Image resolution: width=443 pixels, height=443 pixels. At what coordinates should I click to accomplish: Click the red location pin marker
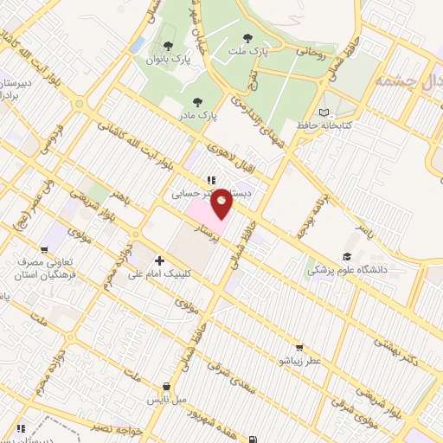[221, 202]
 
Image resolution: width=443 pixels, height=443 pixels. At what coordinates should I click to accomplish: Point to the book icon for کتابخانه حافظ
[324, 112]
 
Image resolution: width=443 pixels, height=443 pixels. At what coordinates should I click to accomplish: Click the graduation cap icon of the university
[346, 256]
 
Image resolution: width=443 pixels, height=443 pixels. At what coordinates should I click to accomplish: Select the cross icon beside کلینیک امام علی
[159, 260]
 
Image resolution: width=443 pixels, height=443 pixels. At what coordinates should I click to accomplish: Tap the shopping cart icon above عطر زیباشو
[300, 346]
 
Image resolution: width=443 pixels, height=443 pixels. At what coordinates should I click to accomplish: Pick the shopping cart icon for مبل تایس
[166, 387]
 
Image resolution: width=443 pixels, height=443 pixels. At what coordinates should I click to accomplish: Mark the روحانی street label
[309, 50]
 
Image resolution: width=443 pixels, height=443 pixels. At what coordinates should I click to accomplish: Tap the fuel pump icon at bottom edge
[252, 438]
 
